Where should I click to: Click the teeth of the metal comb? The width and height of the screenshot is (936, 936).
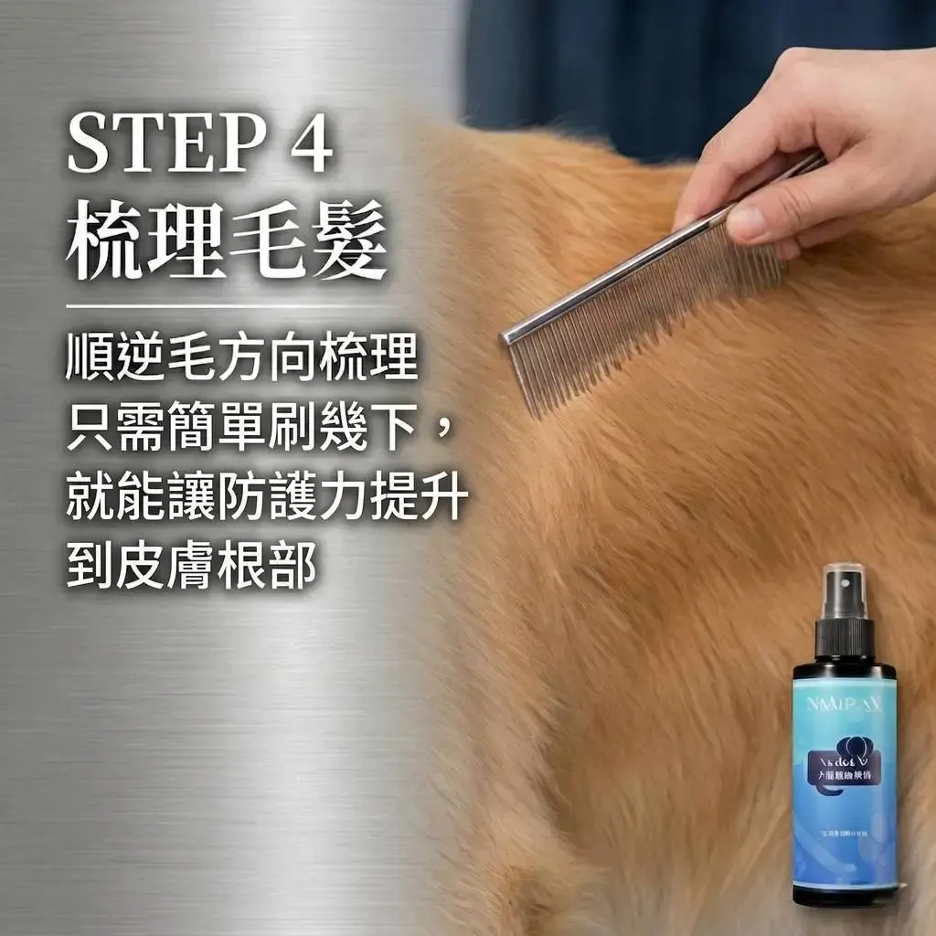click(x=640, y=311)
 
